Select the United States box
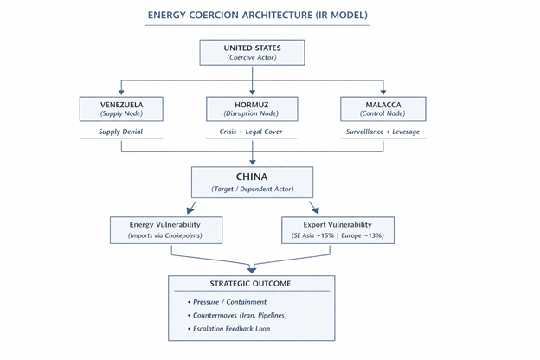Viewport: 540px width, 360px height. [x=252, y=52]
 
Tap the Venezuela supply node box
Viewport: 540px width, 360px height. [x=121, y=109]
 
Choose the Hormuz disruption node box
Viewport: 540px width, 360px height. [x=253, y=109]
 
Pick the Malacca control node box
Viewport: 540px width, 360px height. [x=384, y=109]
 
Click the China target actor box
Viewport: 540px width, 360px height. [x=252, y=183]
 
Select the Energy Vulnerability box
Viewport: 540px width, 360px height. [x=166, y=229]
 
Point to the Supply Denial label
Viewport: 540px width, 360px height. [x=121, y=133]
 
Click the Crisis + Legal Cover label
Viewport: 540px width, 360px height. [x=253, y=133]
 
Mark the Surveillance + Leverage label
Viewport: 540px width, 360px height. [x=384, y=133]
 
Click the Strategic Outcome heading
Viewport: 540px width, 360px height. [x=252, y=285]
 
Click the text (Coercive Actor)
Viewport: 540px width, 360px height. [x=252, y=57]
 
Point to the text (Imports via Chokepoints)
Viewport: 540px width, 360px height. [x=166, y=235]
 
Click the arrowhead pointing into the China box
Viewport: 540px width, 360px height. [x=252, y=164]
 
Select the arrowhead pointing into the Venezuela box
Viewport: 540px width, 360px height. [x=121, y=93]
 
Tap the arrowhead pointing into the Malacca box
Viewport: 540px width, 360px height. [x=384, y=93]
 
